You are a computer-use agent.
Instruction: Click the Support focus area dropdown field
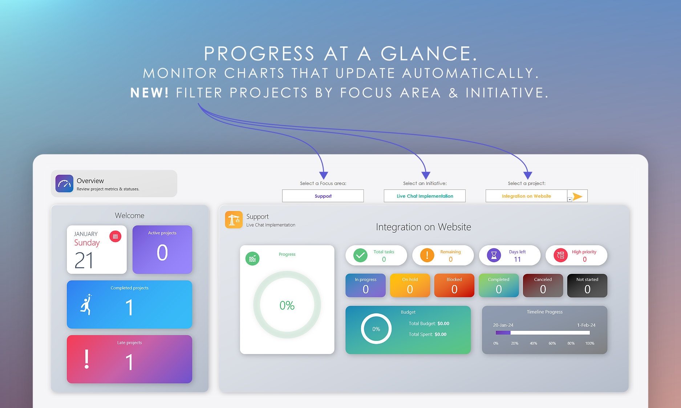[323, 196]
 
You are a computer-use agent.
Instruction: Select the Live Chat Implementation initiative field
[425, 196]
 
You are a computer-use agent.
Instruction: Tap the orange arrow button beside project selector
[577, 196]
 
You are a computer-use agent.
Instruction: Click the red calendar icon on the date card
[115, 236]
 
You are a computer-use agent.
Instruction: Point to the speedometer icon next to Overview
[64, 184]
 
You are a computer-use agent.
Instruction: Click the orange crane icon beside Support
[234, 220]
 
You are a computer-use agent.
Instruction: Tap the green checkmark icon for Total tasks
[360, 255]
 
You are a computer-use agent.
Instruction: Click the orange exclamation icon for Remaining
[427, 255]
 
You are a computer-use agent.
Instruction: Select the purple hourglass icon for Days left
[494, 255]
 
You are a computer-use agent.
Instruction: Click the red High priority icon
[561, 255]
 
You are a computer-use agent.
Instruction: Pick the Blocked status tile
[454, 285]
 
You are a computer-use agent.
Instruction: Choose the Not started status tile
[587, 285]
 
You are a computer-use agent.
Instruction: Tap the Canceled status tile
[543, 285]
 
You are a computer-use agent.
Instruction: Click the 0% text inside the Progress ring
[287, 305]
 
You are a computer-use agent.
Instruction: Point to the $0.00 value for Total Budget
[443, 323]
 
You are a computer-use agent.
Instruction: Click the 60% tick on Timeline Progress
[552, 343]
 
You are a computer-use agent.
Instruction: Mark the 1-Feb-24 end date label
[586, 325]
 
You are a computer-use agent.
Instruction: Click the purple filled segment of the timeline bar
[503, 333]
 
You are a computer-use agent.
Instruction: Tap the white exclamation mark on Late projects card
[86, 359]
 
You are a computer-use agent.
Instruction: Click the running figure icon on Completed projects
[86, 305]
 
